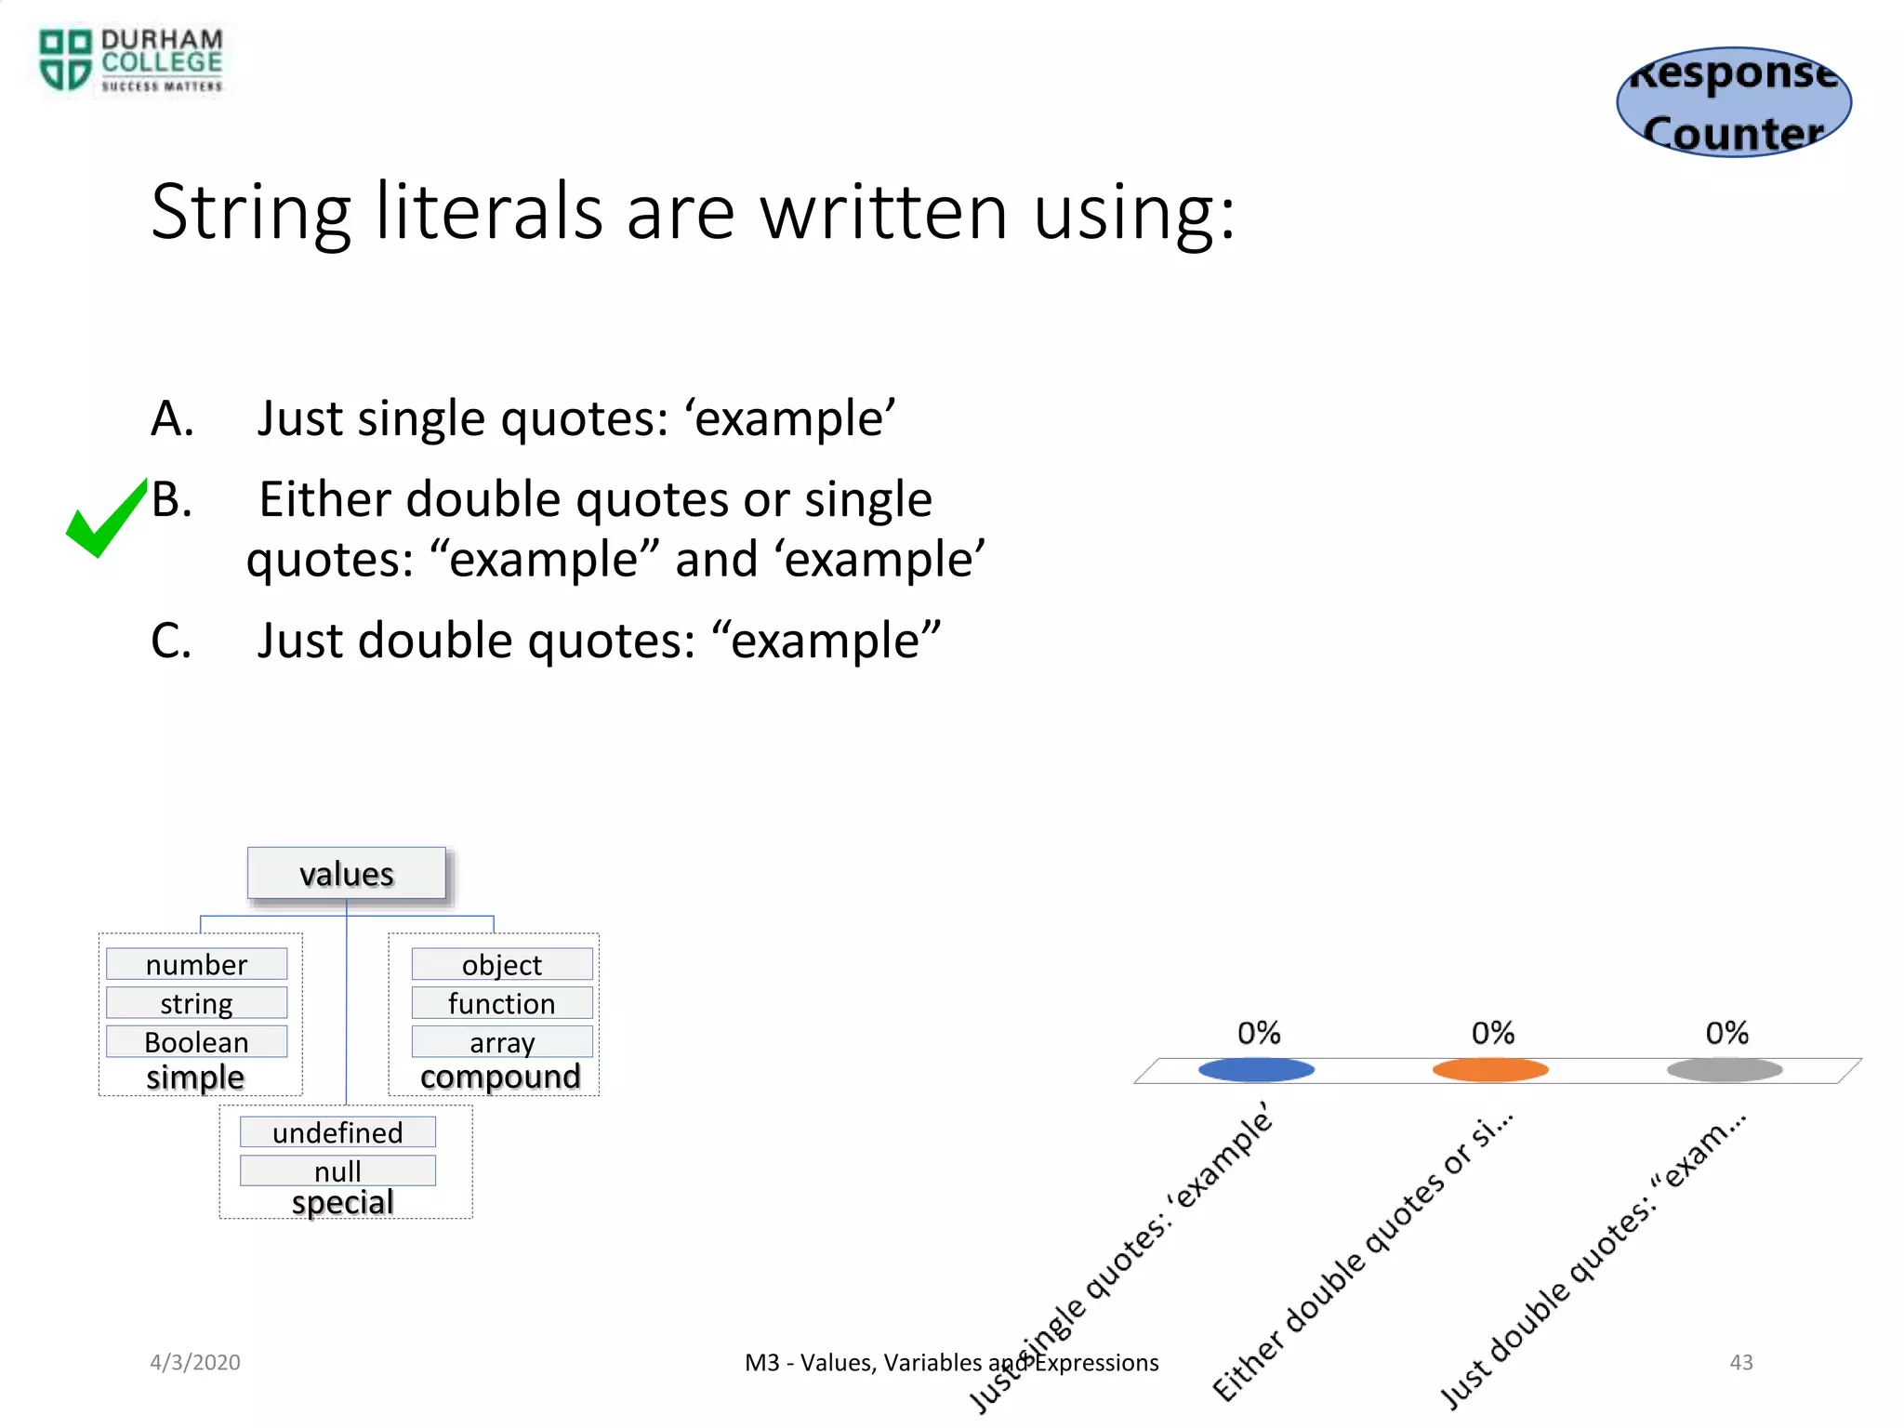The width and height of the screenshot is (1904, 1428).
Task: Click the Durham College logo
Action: [x=130, y=60]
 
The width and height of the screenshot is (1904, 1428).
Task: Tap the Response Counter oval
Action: [x=1734, y=102]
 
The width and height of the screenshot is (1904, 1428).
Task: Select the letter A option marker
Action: [x=172, y=418]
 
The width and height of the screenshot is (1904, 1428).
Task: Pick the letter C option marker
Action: [x=171, y=641]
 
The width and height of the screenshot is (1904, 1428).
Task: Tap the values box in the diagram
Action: [x=347, y=874]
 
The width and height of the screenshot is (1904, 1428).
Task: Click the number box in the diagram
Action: [x=196, y=964]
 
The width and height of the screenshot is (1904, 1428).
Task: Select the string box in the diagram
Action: [x=196, y=1003]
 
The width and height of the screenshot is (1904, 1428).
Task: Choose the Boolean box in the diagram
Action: [x=196, y=1042]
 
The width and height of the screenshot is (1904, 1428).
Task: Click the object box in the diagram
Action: [x=502, y=964]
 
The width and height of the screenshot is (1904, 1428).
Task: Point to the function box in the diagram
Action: [x=502, y=1003]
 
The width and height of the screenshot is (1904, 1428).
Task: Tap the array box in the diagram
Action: [x=502, y=1042]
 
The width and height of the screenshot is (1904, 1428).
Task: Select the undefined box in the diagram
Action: [x=337, y=1132]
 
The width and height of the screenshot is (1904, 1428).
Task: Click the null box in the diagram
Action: [x=337, y=1170]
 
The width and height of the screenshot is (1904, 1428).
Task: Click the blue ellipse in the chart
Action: [x=1256, y=1070]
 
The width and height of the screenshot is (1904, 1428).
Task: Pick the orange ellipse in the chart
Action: [x=1490, y=1070]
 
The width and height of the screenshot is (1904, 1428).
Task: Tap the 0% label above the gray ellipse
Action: [x=1726, y=1033]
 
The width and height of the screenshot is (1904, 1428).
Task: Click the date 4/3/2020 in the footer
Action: [x=195, y=1362]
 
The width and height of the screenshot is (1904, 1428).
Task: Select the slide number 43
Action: [x=1740, y=1362]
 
